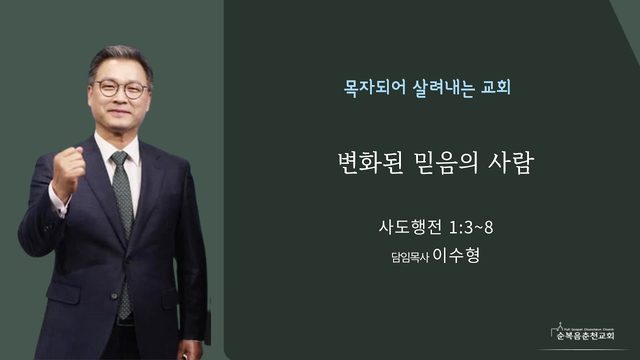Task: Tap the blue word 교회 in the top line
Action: pos(496,87)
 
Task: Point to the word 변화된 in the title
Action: pos(371,163)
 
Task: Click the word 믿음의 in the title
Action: pos(445,163)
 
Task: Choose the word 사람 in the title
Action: pos(511,163)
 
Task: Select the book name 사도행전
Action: pos(410,227)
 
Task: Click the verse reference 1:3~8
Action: pos(471,228)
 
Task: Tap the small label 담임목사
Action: pos(410,258)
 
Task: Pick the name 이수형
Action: pos(456,255)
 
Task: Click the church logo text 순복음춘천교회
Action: pos(586,336)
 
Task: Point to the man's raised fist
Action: pos(69,167)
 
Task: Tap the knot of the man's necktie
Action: pos(120,158)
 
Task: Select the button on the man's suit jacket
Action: pos(115,296)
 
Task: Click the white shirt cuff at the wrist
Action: pos(57,203)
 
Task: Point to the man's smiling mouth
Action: pos(117,112)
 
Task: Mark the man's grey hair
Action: pos(120,61)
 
